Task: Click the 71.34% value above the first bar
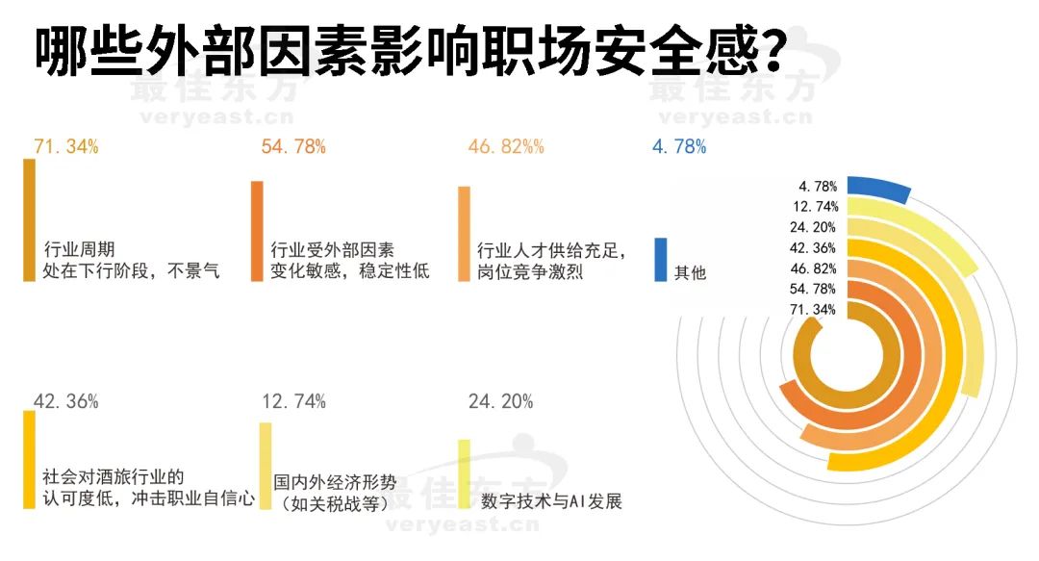[x=66, y=147]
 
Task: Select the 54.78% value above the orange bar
[x=293, y=147]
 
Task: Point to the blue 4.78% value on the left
[x=679, y=147]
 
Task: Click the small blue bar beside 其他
[x=660, y=260]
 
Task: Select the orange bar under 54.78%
[x=256, y=231]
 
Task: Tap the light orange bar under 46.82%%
[x=464, y=233]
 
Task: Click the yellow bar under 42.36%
[x=29, y=459]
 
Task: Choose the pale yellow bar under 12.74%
[x=266, y=465]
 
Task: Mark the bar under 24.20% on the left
[x=464, y=473]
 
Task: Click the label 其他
[x=690, y=272]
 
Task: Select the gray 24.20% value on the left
[x=500, y=401]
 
